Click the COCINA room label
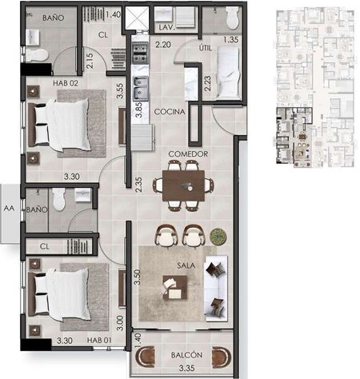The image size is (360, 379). pyautogui.click(x=170, y=112)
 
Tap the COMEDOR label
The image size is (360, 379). pyautogui.click(x=188, y=154)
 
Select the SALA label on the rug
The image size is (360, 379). pyautogui.click(x=186, y=265)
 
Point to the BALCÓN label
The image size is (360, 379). pyautogui.click(x=186, y=355)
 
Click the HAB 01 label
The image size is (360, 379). pyautogui.click(x=99, y=340)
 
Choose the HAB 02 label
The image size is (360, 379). pyautogui.click(x=66, y=83)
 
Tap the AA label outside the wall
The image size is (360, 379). pyautogui.click(x=9, y=208)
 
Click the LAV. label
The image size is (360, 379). pyautogui.click(x=166, y=27)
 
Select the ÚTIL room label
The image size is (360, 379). pyautogui.click(x=206, y=48)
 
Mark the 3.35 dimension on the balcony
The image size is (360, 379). pyautogui.click(x=186, y=369)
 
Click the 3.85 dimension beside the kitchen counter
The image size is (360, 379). pyautogui.click(x=138, y=110)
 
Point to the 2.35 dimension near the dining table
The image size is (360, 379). pyautogui.click(x=138, y=185)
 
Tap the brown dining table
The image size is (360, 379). pyautogui.click(x=183, y=186)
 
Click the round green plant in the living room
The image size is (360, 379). pyautogui.click(x=218, y=236)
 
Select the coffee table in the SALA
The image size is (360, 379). pyautogui.click(x=174, y=288)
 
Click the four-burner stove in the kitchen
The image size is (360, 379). pyautogui.click(x=140, y=54)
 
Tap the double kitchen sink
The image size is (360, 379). pyautogui.click(x=140, y=89)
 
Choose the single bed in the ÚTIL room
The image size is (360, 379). pyautogui.click(x=228, y=72)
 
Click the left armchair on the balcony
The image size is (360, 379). pyautogui.click(x=145, y=357)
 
